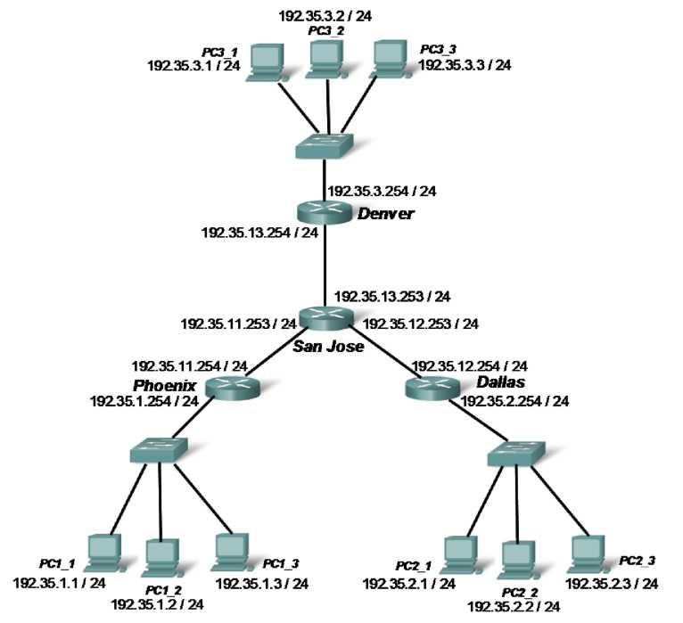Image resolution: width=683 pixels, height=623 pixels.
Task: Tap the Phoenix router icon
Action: (x=230, y=387)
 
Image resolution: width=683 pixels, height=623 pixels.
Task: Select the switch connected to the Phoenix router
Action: (x=158, y=449)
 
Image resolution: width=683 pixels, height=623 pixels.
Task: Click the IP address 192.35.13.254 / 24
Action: (x=259, y=234)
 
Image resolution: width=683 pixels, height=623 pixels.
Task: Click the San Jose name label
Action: (x=329, y=346)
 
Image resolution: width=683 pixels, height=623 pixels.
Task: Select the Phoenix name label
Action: (x=164, y=385)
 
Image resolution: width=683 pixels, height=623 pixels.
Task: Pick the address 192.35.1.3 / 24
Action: (x=262, y=584)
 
